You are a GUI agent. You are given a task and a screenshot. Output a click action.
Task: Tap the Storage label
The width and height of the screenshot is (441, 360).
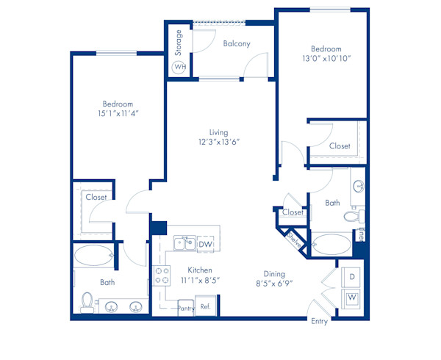coord(179,42)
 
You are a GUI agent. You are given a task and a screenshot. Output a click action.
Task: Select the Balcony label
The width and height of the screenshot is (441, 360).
coord(236,43)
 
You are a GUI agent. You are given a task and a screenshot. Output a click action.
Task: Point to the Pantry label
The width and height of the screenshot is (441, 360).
coord(186,309)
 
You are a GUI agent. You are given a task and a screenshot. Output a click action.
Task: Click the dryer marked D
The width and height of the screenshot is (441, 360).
coord(352,276)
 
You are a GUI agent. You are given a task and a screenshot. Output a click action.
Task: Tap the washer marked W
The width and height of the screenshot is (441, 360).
coord(352,297)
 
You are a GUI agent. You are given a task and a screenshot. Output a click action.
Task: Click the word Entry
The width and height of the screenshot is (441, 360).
coord(319,321)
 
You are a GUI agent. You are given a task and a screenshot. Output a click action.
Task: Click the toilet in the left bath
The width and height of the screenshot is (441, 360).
coord(87,302)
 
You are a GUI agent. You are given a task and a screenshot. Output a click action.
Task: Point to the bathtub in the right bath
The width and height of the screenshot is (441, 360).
coord(332,244)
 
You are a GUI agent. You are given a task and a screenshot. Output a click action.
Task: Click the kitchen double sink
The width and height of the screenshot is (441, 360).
coord(184,243)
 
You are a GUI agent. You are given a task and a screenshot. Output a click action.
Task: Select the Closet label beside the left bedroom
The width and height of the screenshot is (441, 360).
coord(96,197)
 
